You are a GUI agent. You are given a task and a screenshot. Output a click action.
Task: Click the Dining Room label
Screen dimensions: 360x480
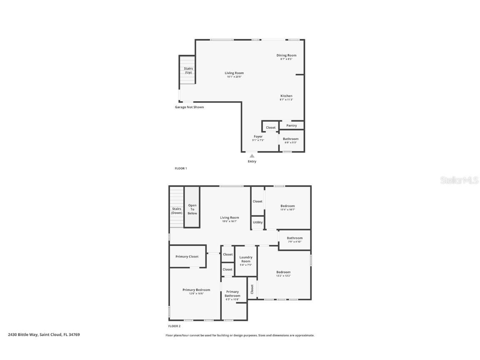[x=286, y=55]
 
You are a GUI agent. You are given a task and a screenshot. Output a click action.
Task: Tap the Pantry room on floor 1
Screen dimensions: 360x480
[x=292, y=125]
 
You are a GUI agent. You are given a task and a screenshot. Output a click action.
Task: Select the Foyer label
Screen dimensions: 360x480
[x=258, y=137]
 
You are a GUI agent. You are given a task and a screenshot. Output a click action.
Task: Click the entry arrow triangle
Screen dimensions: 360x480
[x=252, y=156]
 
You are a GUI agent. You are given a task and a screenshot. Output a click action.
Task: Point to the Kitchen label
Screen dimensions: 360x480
[x=286, y=96]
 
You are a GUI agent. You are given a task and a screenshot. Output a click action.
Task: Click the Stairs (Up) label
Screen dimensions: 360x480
[x=188, y=70]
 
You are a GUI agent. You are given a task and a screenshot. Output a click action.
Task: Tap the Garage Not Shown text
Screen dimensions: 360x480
[x=189, y=107]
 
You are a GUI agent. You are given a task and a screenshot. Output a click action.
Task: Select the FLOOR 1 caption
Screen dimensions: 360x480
[x=181, y=168]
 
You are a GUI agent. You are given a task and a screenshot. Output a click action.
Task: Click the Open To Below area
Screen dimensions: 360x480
[x=192, y=209]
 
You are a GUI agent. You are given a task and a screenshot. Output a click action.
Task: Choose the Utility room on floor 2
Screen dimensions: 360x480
[x=257, y=222]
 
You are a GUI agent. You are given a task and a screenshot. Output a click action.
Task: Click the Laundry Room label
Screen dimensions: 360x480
[x=246, y=259]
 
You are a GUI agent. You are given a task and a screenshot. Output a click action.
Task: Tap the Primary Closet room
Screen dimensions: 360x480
[x=187, y=257]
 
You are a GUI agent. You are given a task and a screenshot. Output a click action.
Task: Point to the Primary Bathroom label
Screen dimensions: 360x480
[x=232, y=294]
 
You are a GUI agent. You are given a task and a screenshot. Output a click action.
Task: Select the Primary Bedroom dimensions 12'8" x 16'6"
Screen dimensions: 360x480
[x=196, y=294]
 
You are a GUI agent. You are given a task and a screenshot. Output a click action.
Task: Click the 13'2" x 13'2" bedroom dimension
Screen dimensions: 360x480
[x=283, y=276]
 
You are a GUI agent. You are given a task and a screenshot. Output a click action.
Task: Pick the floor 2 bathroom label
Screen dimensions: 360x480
[x=295, y=238]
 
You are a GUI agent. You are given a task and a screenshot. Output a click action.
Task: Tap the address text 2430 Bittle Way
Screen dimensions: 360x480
[x=44, y=335]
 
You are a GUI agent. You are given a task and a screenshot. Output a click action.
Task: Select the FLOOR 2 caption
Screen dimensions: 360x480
[x=174, y=326]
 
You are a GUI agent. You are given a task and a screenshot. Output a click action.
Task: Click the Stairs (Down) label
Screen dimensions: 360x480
[x=177, y=211]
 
